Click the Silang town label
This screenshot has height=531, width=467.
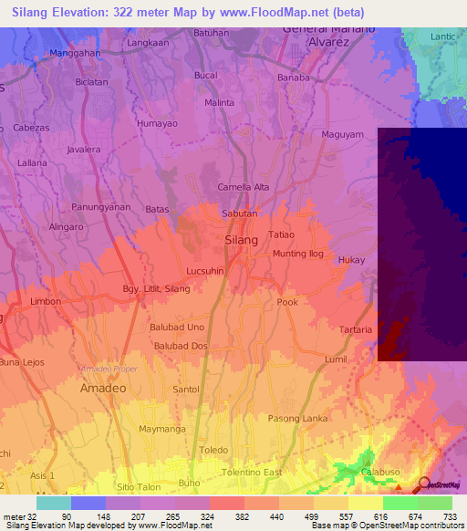point(241,239)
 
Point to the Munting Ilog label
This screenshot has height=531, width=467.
point(298,254)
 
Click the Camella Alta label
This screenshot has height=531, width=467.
point(244,187)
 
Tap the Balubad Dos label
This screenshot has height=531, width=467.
point(181,346)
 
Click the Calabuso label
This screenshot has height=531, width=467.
point(380,472)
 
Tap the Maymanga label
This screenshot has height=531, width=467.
point(161,428)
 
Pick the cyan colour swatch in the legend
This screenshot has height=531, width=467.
point(54,503)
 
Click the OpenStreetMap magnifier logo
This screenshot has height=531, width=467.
point(424,484)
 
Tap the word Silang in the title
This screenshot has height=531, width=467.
point(32,12)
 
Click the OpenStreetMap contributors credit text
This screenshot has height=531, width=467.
point(414,526)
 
